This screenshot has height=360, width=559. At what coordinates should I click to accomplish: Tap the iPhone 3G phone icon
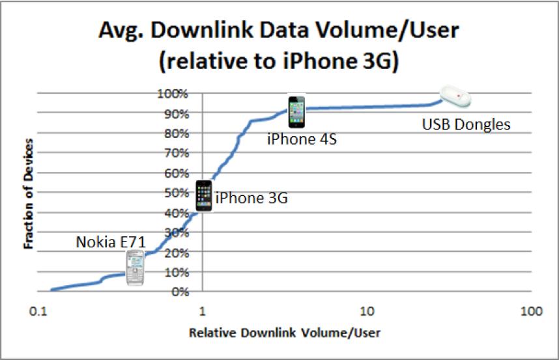(204, 195)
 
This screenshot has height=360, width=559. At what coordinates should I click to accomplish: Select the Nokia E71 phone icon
(135, 268)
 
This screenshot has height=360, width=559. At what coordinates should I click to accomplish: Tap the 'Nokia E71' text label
(110, 242)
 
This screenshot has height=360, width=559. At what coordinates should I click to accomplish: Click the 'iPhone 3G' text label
(251, 198)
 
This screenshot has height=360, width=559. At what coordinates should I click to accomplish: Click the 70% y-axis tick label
(175, 153)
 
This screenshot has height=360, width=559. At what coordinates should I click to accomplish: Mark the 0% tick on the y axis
(179, 292)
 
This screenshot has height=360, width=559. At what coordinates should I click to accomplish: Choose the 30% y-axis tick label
(175, 232)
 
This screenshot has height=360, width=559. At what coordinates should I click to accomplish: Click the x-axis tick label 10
(367, 311)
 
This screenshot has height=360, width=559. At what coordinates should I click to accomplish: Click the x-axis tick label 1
(202, 311)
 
